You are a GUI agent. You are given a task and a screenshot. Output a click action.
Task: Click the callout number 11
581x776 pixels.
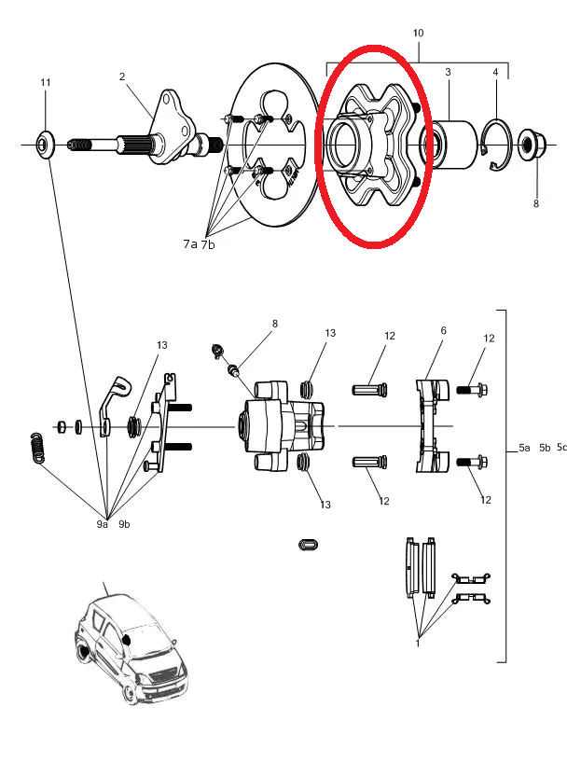coord(45,83)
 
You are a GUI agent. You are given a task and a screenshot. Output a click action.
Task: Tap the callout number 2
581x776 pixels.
coord(121,76)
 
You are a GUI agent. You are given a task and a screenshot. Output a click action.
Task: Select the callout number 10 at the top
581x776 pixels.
coord(418,34)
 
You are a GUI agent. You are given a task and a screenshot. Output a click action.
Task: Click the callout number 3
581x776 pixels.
coord(448,72)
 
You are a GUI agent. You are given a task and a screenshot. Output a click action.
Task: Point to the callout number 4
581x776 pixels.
coord(495,72)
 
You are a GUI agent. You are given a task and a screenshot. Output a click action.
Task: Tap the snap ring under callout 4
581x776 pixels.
coord(496,145)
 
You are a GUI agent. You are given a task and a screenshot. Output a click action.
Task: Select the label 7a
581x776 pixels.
coord(190,243)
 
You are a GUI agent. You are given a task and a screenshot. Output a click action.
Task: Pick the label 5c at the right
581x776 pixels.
coord(561,448)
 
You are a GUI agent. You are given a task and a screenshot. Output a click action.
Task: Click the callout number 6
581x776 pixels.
coord(443,331)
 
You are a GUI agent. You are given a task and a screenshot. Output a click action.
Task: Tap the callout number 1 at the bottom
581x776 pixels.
coord(417,642)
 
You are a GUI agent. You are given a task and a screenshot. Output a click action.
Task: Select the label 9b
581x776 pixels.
coord(124,524)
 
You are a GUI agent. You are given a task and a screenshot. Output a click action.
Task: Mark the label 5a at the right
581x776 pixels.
coord(524,448)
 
